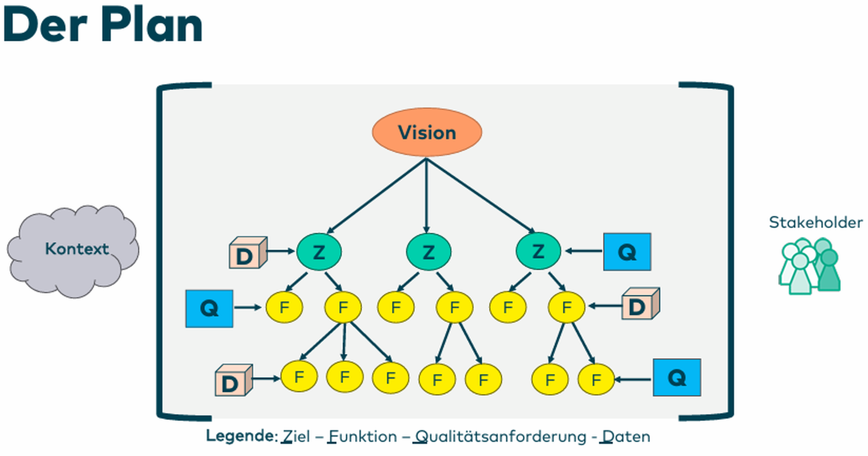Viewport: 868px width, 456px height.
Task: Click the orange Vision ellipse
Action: (x=427, y=132)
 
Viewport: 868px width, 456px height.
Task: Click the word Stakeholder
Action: (x=815, y=222)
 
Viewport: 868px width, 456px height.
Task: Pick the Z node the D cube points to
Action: (x=319, y=252)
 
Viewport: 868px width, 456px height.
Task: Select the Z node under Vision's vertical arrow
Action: (x=429, y=252)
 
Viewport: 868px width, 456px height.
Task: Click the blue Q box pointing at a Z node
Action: (x=627, y=252)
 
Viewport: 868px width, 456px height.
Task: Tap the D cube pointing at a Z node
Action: (x=247, y=253)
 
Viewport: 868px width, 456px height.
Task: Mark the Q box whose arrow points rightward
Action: (x=209, y=308)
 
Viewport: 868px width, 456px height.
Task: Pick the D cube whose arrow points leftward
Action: (x=639, y=304)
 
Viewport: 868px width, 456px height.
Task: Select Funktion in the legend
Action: (x=363, y=437)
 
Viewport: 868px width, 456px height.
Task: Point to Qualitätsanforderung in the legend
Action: (x=500, y=437)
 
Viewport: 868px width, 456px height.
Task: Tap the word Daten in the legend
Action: (x=626, y=437)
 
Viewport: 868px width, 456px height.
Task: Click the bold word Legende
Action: (x=241, y=436)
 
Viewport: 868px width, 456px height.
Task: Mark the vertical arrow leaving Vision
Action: (x=427, y=196)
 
